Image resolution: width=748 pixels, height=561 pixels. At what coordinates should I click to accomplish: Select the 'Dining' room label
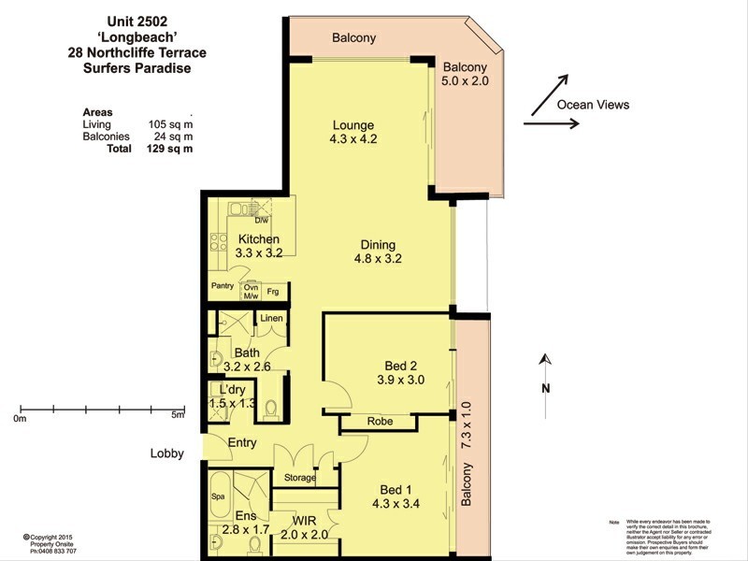pyautogui.click(x=381, y=245)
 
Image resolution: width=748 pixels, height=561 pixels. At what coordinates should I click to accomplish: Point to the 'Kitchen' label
pyautogui.click(x=259, y=239)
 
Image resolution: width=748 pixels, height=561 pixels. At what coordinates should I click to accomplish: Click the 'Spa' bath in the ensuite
pyautogui.click(x=220, y=497)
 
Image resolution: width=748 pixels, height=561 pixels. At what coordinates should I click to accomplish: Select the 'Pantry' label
pyautogui.click(x=222, y=286)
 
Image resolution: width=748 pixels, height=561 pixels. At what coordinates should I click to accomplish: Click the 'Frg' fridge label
pyautogui.click(x=273, y=292)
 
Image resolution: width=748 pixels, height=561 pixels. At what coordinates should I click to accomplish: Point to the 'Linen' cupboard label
pyautogui.click(x=271, y=319)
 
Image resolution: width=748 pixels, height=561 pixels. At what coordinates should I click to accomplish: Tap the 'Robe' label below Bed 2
pyautogui.click(x=380, y=422)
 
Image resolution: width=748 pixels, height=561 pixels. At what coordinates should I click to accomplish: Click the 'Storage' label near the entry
pyautogui.click(x=300, y=478)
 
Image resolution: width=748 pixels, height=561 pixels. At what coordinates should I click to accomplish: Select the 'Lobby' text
pyautogui.click(x=167, y=454)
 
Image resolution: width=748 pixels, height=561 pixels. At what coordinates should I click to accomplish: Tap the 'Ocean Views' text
pyautogui.click(x=593, y=105)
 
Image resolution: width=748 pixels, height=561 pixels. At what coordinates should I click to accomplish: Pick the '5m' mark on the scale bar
pyautogui.click(x=178, y=417)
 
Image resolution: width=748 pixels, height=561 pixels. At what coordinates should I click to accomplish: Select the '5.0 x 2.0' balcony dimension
pyautogui.click(x=466, y=82)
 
